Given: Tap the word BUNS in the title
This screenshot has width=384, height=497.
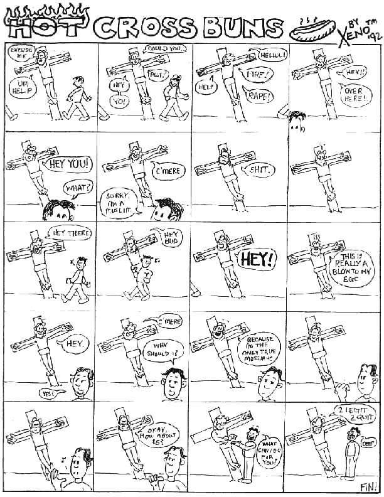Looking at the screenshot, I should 242,28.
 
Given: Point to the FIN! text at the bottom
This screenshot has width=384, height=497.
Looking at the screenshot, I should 368,486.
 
